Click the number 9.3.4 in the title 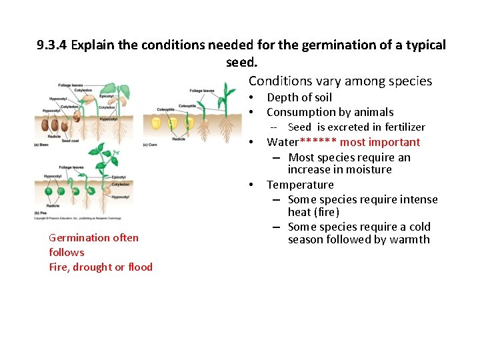coord(52,45)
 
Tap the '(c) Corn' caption coord(150,145)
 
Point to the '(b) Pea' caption coord(41,213)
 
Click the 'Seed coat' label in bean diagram coord(71,141)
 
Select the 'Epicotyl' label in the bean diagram coord(106,95)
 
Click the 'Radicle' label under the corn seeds coord(179,139)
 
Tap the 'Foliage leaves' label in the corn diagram coord(202,91)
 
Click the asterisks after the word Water coord(319,142)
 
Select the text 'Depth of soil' coord(299,97)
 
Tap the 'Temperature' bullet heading coord(300,185)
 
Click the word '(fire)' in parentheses coord(327,212)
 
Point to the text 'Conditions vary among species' coord(340,81)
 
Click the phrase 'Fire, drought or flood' coord(101,267)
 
